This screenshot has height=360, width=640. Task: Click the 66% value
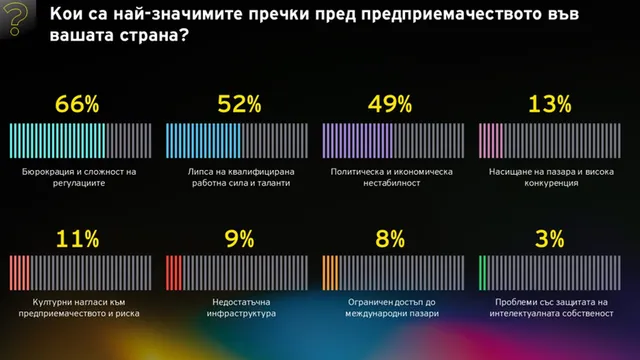(x=77, y=104)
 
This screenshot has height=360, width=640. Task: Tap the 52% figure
(x=239, y=104)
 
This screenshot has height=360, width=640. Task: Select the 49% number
(x=390, y=104)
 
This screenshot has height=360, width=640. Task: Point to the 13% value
(x=549, y=104)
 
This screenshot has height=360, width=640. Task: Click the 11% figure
(x=78, y=239)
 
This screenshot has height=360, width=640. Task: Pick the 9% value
(x=239, y=239)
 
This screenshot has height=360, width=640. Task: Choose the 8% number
(x=390, y=239)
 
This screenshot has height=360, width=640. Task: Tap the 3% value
(x=549, y=239)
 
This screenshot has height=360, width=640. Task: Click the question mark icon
(x=16, y=18)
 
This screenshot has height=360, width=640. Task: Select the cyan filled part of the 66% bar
(x=57, y=141)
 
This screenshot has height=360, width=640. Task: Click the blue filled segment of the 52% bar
(x=203, y=141)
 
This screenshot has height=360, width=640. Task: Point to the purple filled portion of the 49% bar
(x=358, y=141)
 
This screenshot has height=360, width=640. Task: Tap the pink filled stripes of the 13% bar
(x=491, y=141)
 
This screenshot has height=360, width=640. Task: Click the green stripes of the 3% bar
(x=482, y=273)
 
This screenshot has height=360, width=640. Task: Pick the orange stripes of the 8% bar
(x=330, y=273)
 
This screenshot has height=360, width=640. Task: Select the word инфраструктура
(x=241, y=313)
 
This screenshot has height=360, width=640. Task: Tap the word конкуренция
(x=551, y=183)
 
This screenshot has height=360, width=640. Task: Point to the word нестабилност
(x=391, y=183)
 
